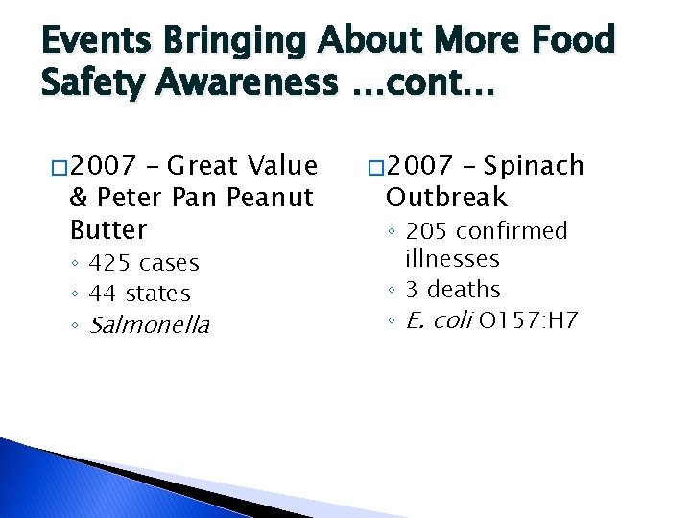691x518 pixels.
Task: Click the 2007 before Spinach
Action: point(422,166)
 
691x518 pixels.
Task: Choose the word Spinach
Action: point(534,166)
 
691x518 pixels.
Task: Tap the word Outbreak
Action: point(446,198)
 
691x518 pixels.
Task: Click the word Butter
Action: point(108,230)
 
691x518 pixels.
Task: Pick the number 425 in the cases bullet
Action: point(110,263)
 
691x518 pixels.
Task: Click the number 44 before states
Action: point(103,294)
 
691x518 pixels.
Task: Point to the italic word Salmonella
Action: point(149,325)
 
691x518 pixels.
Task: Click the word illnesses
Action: point(452,258)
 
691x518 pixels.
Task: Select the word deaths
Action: point(464,289)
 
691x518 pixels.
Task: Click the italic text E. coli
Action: point(438,320)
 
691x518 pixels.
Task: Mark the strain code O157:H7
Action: point(527,320)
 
